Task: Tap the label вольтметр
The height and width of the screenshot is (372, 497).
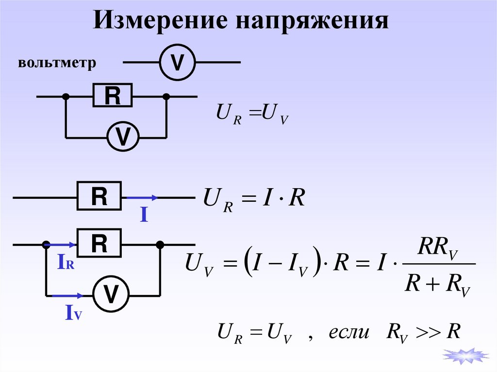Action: click(57, 64)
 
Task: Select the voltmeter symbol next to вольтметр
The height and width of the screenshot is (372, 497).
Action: click(178, 63)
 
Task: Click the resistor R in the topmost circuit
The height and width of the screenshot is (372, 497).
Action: click(112, 96)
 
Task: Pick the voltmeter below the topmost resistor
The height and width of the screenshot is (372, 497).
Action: click(123, 137)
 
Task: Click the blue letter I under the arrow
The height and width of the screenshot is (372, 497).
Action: click(144, 215)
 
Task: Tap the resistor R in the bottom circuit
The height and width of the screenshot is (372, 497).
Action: click(99, 243)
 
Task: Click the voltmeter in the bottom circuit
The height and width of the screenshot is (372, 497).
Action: click(112, 294)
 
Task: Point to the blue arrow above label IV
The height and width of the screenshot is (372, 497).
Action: click(68, 295)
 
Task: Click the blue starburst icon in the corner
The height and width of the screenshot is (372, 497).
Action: click(465, 356)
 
